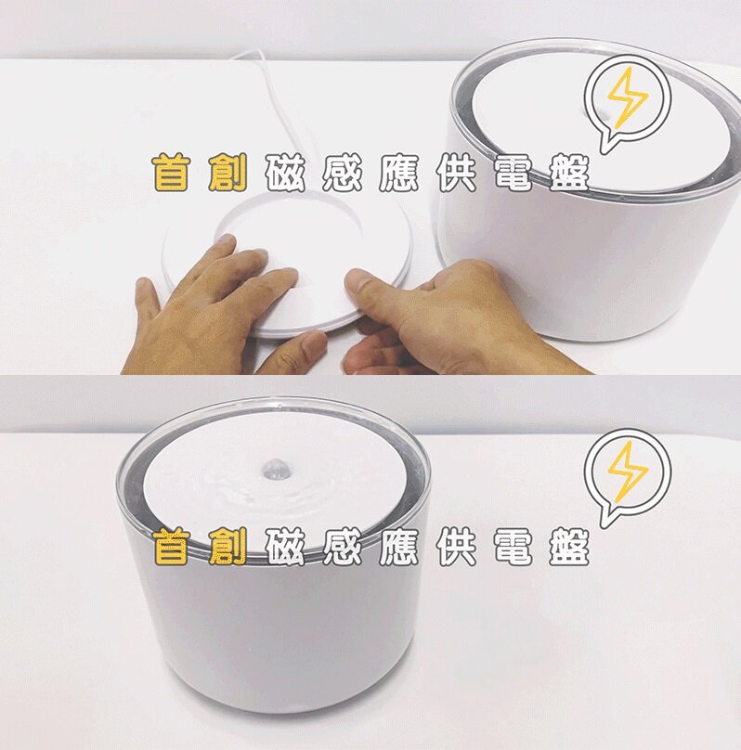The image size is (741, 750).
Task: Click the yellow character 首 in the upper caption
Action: tap(171, 173)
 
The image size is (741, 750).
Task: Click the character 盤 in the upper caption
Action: tap(569, 173)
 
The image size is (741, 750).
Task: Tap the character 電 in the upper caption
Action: tap(513, 173)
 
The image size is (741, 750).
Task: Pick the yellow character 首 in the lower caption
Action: tap(171, 547)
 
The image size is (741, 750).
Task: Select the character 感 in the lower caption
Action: tap(342, 547)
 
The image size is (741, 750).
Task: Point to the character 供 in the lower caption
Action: tap(456, 547)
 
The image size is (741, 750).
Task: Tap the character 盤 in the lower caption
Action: tap(569, 547)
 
